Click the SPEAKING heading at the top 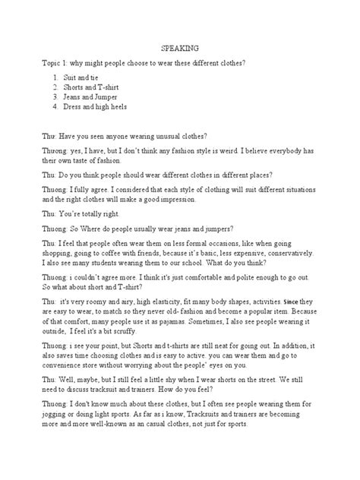[179, 47]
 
